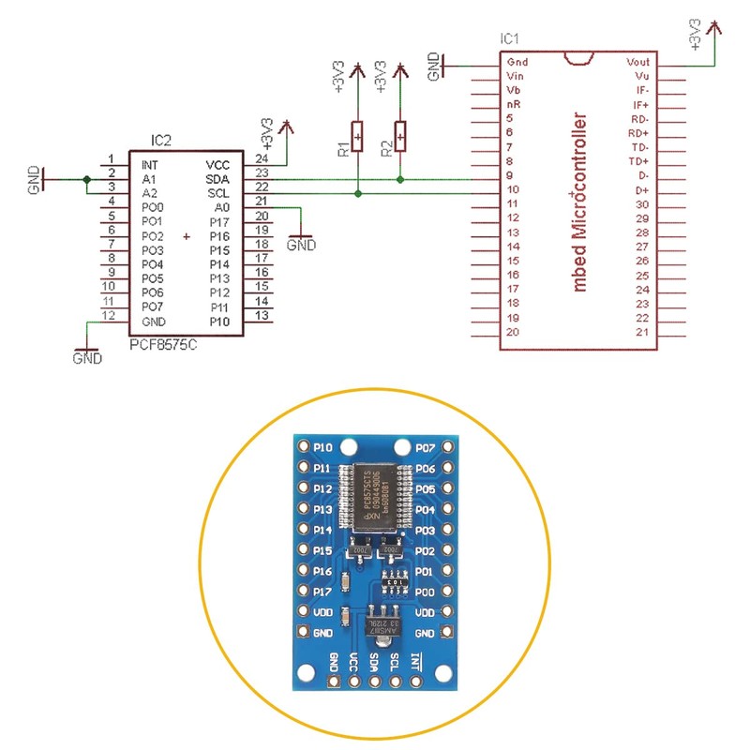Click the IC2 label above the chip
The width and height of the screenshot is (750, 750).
click(x=161, y=142)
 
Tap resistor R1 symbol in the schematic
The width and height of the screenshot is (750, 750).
click(x=357, y=136)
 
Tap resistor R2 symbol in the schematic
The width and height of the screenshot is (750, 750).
click(x=400, y=136)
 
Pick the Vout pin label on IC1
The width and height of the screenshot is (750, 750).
click(x=637, y=61)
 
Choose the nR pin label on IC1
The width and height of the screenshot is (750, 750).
click(x=514, y=104)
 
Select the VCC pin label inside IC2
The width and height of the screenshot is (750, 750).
click(x=218, y=162)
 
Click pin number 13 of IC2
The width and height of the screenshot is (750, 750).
click(x=262, y=316)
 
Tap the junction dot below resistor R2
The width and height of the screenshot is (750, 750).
click(x=400, y=179)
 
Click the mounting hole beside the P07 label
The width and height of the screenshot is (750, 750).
click(x=402, y=447)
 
